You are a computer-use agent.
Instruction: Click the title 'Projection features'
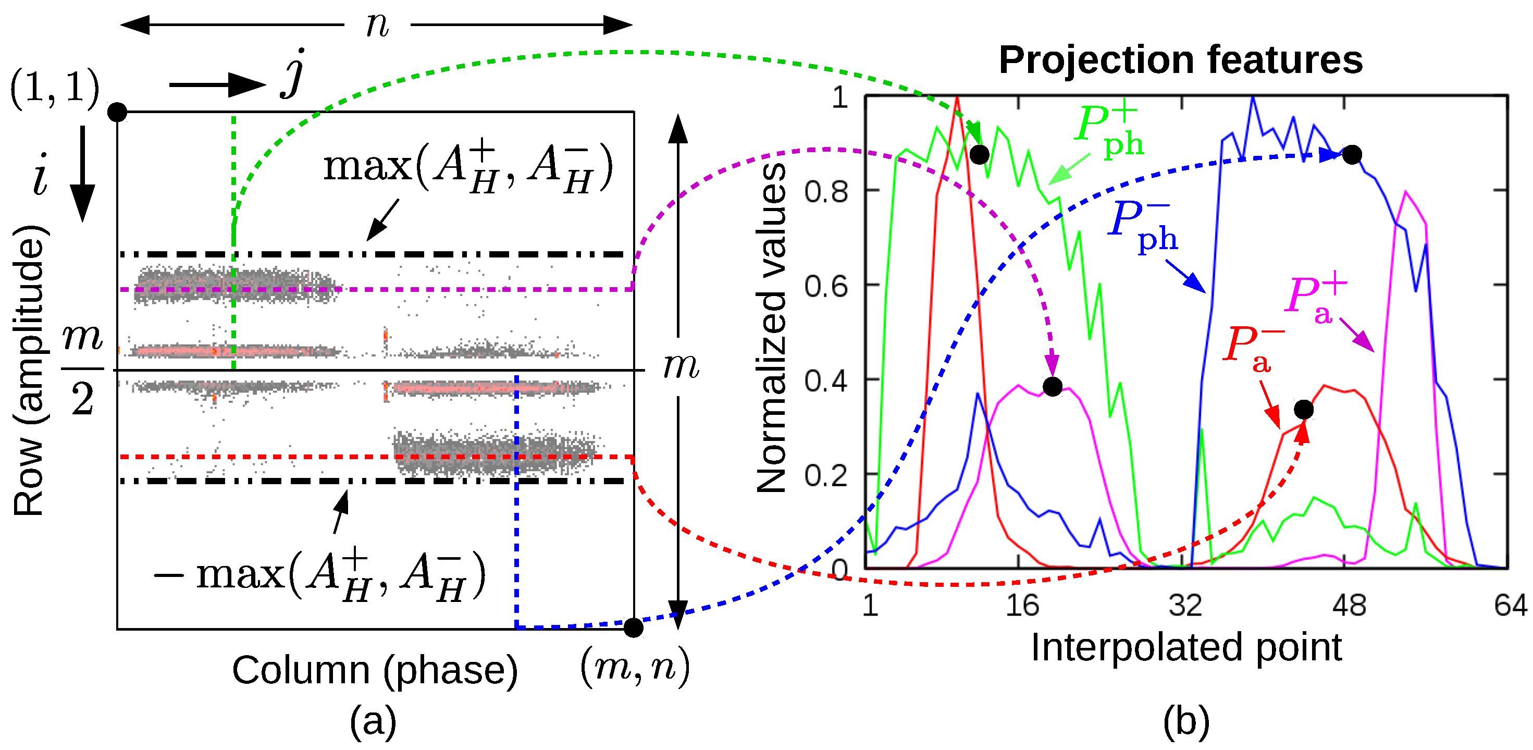click(x=1180, y=60)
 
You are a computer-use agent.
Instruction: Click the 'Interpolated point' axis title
click(x=1185, y=648)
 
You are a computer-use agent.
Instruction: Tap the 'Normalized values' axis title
click(x=771, y=328)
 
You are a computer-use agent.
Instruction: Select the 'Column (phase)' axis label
click(x=375, y=671)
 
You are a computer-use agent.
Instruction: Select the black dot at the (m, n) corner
click(x=633, y=628)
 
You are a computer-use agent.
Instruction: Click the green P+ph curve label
click(x=1109, y=130)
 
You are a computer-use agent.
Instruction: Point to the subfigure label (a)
click(x=373, y=722)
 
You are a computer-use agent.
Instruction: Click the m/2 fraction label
click(x=82, y=369)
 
